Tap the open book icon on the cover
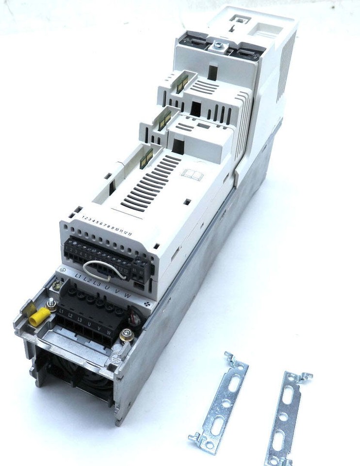[190, 173]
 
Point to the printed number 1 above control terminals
[83, 217]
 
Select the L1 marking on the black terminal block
[62, 310]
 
